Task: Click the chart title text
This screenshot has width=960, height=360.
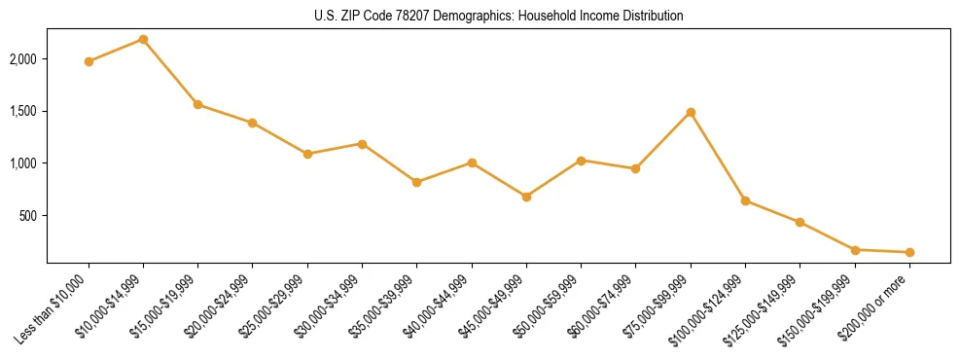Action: pos(498,16)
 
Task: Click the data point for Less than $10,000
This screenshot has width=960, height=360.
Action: pos(89,61)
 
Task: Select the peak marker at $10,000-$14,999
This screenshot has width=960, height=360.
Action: pos(143,39)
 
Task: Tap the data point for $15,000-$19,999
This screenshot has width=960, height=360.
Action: pos(197,104)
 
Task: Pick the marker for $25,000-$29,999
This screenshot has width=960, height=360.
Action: pos(307,154)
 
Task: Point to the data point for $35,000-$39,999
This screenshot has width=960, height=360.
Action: pos(416,182)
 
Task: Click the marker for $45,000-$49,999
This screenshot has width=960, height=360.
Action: pos(526,197)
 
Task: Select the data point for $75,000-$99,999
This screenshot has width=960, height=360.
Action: pos(691,112)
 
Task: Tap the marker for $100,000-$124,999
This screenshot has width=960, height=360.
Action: pos(745,200)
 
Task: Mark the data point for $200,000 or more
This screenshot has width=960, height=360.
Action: pos(909,252)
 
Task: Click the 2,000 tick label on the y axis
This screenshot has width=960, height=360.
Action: pos(23,59)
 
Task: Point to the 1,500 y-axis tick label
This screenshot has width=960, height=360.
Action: pos(23,111)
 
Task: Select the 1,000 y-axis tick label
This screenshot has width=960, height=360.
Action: pos(23,163)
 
